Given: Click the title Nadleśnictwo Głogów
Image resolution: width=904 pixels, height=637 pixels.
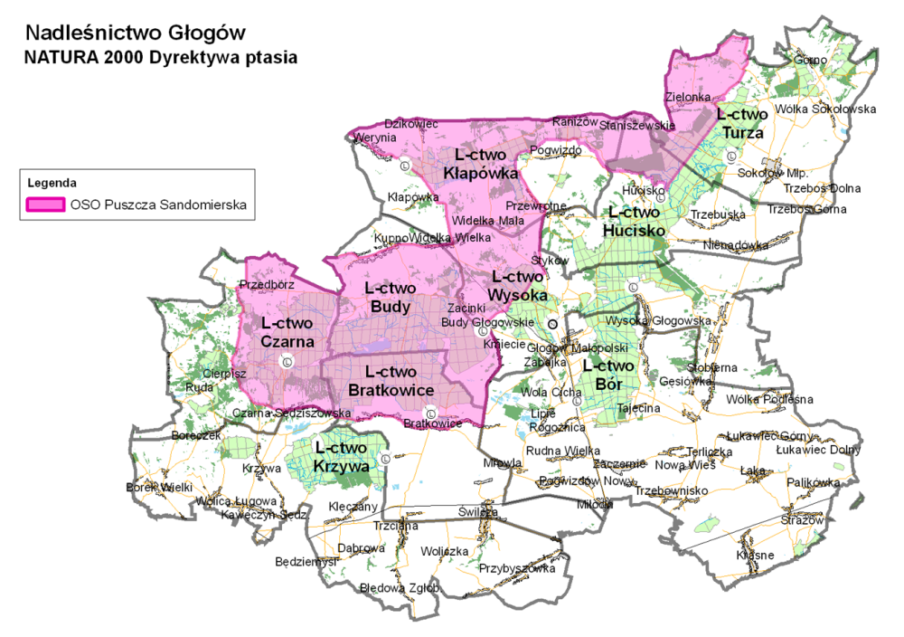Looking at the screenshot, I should [136, 33].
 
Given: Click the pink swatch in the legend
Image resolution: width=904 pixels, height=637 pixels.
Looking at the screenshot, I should [45, 204].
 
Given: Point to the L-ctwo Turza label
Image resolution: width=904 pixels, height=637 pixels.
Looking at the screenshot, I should [741, 123].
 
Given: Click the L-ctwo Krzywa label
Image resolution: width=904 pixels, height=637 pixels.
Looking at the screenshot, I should [342, 457].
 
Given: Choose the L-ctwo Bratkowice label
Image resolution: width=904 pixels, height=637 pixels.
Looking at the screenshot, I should [391, 381].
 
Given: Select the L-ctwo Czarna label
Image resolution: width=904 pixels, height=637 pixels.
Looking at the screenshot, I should [287, 333].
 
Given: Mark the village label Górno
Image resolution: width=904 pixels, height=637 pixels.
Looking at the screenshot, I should [809, 61].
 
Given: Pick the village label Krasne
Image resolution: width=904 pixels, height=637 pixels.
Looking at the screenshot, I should [755, 554].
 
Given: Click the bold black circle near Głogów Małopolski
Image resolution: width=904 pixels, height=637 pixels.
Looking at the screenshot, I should [552, 324].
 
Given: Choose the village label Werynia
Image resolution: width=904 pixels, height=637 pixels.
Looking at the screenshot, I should [375, 138].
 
